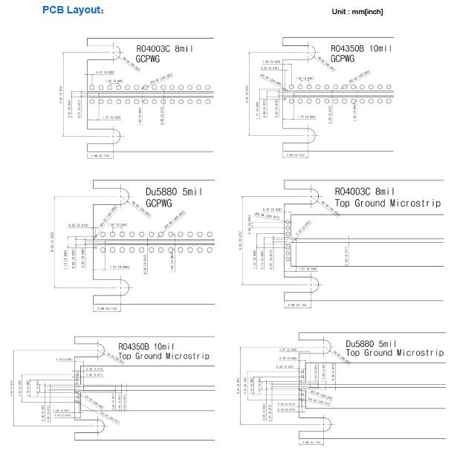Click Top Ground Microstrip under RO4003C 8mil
(x=387, y=203)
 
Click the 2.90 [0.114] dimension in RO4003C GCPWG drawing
(x=101, y=155)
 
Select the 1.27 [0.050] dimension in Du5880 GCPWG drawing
(x=119, y=267)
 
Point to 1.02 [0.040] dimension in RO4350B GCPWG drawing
(x=304, y=78)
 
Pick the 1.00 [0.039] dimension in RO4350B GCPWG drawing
(x=270, y=62)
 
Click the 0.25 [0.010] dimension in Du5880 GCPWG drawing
(x=78, y=224)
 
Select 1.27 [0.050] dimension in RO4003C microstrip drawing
(x=308, y=268)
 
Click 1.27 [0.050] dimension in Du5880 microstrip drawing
(x=289, y=348)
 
